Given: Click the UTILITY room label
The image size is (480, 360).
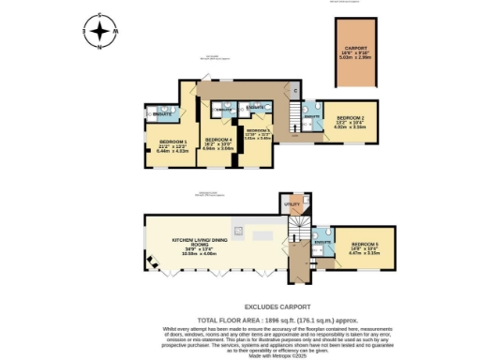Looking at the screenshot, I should [x=292, y=202].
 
